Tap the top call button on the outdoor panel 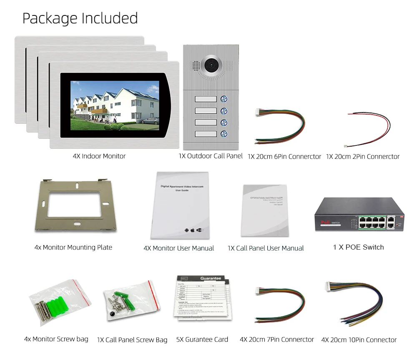[x=224, y=99]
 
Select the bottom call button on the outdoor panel [x=224, y=134]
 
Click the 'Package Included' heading [x=80, y=18]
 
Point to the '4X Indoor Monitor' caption [x=99, y=156]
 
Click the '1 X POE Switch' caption [x=358, y=247]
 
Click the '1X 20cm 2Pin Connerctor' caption [x=363, y=157]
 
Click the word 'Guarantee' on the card [x=211, y=278]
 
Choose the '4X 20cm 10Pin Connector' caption [x=359, y=340]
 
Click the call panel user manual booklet [x=264, y=210]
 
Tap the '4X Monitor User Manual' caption [x=178, y=248]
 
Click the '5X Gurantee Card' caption [x=202, y=339]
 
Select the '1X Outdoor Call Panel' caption [x=211, y=156]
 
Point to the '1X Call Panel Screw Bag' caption [x=132, y=340]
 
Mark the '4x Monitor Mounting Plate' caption [x=73, y=247]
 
